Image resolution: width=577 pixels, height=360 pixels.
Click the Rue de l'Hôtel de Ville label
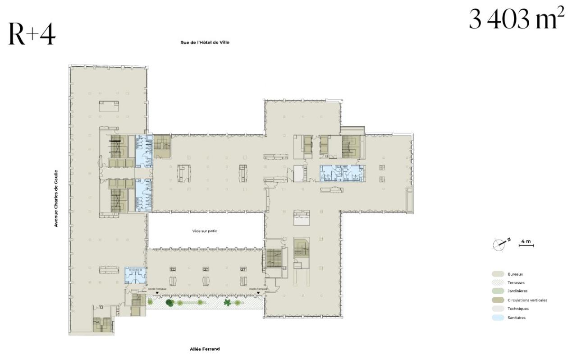[205, 43]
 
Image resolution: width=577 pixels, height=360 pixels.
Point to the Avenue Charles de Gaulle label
[56, 198]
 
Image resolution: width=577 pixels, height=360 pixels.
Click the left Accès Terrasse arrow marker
[156, 293]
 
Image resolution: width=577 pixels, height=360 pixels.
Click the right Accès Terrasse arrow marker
[258, 293]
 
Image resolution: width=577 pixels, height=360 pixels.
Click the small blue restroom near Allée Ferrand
[133, 274]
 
